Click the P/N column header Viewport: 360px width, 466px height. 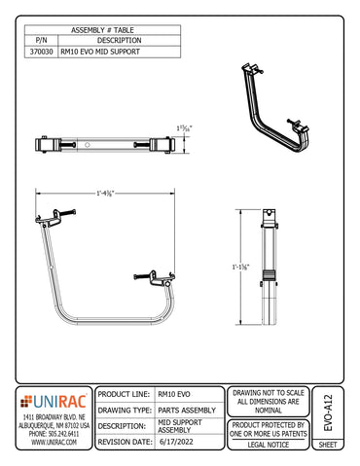coord(42,41)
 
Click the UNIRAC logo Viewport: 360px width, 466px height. coord(53,399)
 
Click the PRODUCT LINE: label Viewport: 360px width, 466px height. coord(124,395)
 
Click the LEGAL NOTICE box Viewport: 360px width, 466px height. coord(269,443)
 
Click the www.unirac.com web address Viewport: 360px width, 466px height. coord(53,442)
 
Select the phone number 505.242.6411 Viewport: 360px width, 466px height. coord(53,434)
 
